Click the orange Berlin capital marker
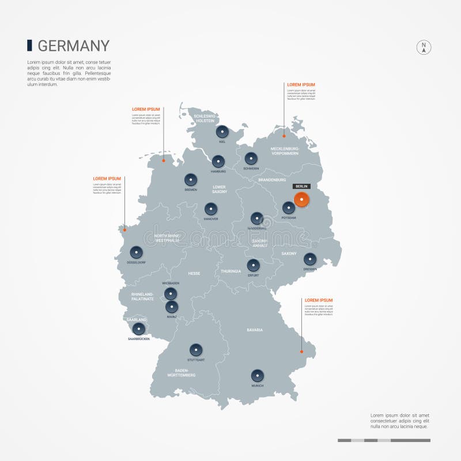coord(301,199)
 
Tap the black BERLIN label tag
coord(301,186)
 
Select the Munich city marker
coord(258,376)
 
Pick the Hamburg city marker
coord(218,162)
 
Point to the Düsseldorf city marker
coord(136,252)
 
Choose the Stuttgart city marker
coord(196,350)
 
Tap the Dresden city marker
coord(310,259)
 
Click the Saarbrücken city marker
coord(138,329)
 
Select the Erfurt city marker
coord(253,266)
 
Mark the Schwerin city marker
coord(251,158)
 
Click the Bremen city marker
coord(191,180)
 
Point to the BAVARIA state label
coord(255,330)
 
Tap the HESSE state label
coord(194,274)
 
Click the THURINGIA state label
coord(231,271)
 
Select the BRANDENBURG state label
coord(272,180)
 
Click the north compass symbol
coord(424,48)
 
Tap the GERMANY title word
coord(73,46)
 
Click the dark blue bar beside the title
coord(29,45)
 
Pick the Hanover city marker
coord(211,209)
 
